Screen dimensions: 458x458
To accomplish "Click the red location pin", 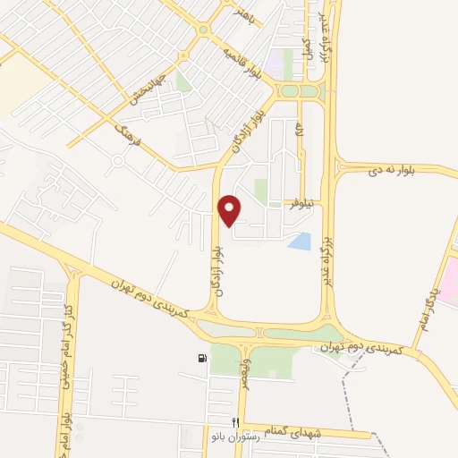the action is (231, 208).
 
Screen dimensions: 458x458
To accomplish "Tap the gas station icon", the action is (202, 360).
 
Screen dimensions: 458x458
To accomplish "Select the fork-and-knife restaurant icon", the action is (235, 422).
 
